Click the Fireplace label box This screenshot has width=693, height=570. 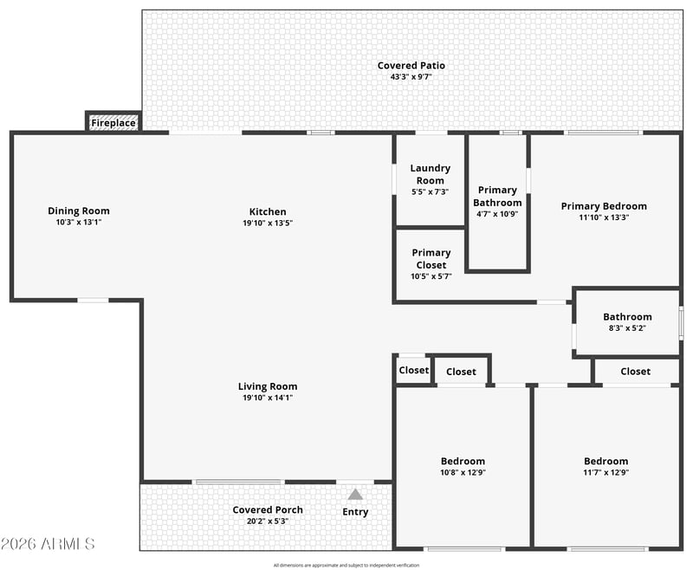(x=113, y=122)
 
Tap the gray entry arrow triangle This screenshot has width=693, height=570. (x=355, y=494)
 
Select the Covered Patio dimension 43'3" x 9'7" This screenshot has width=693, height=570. (x=411, y=77)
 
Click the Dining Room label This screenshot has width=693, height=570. (x=79, y=211)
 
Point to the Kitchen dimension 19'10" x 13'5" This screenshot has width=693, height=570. (x=268, y=223)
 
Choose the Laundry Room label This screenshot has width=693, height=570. (x=430, y=174)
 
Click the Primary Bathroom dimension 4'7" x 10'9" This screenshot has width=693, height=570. (x=497, y=214)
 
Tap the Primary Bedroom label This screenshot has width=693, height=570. (x=604, y=206)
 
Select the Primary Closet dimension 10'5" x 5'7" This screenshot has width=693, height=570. (x=431, y=276)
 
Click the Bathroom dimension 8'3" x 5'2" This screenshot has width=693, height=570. (x=627, y=328)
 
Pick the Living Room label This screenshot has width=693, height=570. (x=268, y=386)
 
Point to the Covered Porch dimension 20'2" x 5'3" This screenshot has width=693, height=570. (x=268, y=521)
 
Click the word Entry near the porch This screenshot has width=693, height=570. (x=355, y=512)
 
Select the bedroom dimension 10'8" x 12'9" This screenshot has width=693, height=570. (x=463, y=472)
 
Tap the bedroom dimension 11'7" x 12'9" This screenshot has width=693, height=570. (x=606, y=472)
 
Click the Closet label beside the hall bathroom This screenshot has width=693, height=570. (x=635, y=372)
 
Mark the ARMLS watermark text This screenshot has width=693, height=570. (x=48, y=543)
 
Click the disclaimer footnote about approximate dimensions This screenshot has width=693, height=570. (x=346, y=565)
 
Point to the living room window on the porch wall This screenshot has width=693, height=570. (x=239, y=482)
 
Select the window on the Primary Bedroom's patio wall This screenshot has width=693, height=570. (x=604, y=133)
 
